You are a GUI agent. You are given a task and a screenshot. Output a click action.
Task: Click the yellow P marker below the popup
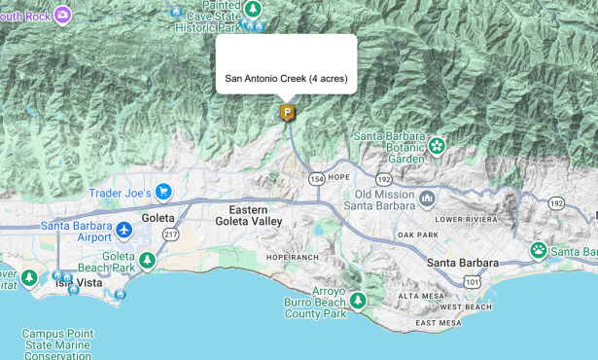click(287, 113)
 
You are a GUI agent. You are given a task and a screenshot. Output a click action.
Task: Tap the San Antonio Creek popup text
click(286, 78)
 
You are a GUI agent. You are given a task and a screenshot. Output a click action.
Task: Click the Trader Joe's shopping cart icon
click(163, 192)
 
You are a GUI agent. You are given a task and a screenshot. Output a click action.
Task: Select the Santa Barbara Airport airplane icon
click(123, 230)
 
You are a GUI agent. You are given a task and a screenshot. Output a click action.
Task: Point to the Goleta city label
click(158, 219)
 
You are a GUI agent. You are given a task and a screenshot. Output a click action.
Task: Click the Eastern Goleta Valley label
click(249, 216)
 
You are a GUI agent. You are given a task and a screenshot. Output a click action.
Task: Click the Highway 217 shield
click(171, 234)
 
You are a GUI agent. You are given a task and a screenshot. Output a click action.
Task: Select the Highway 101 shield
click(473, 282)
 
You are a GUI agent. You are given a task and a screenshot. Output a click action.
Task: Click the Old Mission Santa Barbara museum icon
click(428, 198)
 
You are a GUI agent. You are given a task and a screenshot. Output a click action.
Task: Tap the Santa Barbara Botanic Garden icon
click(437, 146)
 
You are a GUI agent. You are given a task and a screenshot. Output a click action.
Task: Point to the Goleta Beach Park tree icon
click(147, 259)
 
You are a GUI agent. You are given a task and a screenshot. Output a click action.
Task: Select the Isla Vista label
click(78, 283)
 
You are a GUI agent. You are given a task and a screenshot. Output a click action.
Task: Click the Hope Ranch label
click(292, 257)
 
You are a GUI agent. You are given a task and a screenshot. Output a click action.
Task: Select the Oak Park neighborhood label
click(418, 234)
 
